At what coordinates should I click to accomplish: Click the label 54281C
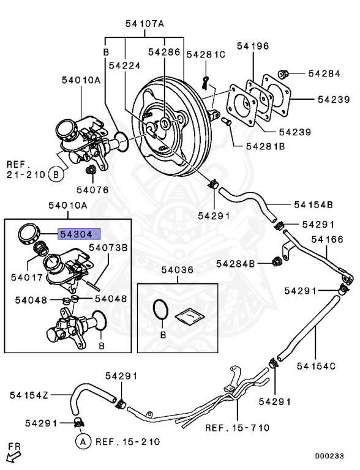click(206, 54)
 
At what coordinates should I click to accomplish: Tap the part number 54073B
click(108, 247)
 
